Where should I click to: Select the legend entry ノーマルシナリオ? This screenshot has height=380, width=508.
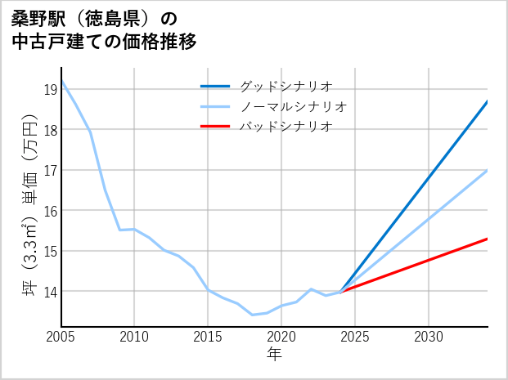coord(293,106)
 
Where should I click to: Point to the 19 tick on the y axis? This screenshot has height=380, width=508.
coord(50,89)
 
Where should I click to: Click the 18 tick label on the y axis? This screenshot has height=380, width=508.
coord(50,130)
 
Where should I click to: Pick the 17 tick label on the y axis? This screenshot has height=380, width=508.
coord(50,170)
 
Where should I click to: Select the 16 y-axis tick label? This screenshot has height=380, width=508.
coord(50,211)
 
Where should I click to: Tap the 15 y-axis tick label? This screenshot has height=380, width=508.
coord(50,251)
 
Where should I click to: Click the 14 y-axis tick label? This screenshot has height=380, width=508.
coord(50,292)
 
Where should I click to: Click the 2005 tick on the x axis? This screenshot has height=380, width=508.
coord(61,337)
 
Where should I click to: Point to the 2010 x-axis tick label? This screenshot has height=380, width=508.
coord(134,337)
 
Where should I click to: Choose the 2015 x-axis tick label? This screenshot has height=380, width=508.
coord(208,337)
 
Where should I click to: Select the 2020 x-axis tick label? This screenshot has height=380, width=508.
coord(281,337)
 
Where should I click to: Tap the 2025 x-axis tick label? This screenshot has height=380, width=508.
coord(355,337)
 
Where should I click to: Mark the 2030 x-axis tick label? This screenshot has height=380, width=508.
coord(429,337)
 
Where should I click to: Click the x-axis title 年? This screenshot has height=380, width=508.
coord(274,354)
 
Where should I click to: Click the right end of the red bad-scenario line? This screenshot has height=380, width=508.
coord(487,239)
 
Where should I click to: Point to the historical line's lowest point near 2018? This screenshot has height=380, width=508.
coord(252,315)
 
